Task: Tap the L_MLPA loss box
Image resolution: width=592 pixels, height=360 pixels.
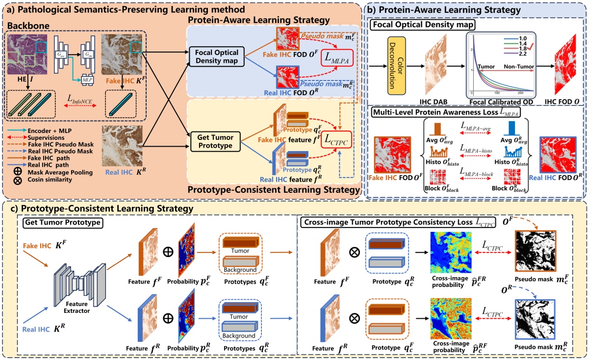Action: coord(336,58)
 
